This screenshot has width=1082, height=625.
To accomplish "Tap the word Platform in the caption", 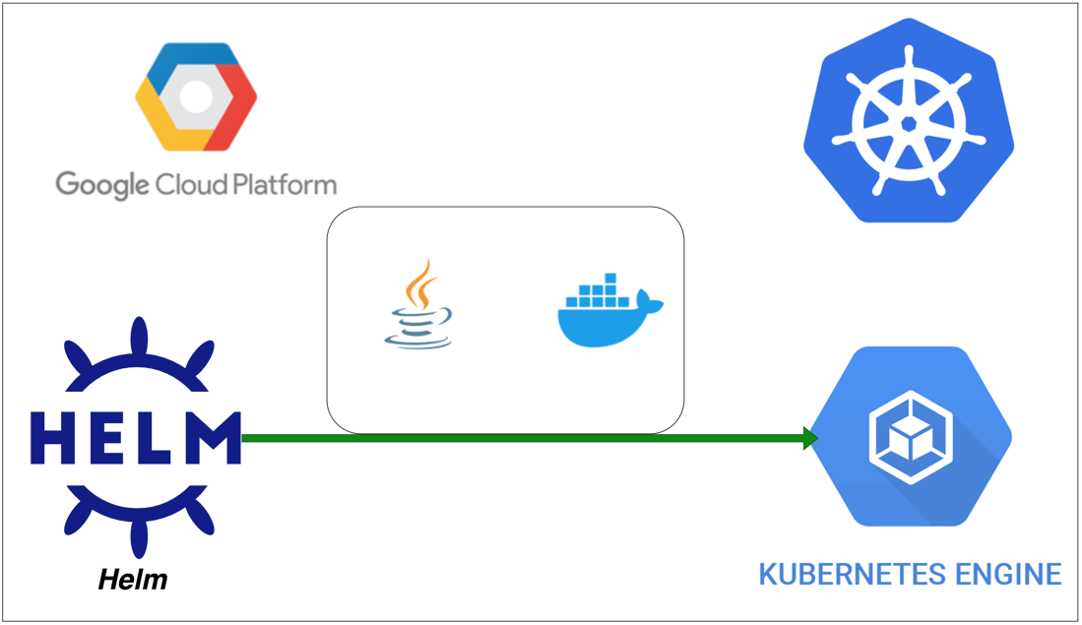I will [x=286, y=184].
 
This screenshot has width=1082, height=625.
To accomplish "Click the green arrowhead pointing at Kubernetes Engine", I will [x=810, y=438].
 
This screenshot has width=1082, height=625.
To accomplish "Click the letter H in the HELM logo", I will [x=54, y=438].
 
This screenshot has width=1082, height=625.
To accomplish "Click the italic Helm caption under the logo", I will [x=133, y=580].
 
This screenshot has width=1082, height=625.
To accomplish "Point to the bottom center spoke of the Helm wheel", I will [x=137, y=536].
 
